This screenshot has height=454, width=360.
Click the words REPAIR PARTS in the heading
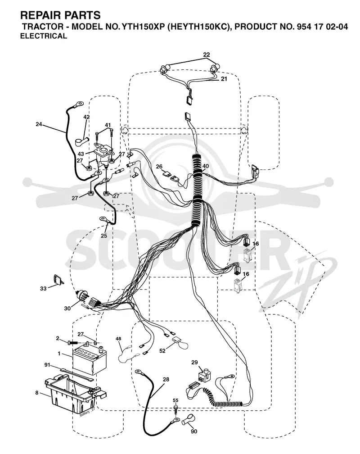click(60, 15)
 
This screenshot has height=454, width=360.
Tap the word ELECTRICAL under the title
click(44, 36)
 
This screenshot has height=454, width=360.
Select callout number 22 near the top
click(207, 54)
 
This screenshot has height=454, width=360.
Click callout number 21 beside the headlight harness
click(224, 78)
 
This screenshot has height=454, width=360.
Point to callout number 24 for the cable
click(39, 124)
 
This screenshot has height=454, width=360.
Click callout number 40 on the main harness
click(205, 166)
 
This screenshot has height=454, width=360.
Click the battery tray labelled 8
click(75, 394)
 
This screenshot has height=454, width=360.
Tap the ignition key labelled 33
click(58, 280)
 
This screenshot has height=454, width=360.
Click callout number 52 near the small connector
click(162, 350)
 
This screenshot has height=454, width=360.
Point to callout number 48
click(118, 339)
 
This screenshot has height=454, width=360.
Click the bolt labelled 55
click(175, 408)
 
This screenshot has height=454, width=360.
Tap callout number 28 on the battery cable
click(166, 379)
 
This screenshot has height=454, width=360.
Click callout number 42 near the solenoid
click(86, 117)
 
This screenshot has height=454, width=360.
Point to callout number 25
click(104, 236)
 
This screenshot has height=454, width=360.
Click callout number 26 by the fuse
click(159, 167)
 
